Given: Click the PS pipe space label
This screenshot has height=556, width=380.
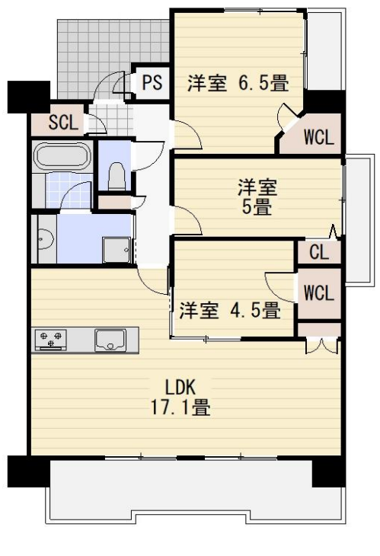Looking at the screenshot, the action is (x=152, y=82).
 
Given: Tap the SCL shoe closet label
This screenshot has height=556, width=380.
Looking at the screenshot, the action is (x=63, y=123).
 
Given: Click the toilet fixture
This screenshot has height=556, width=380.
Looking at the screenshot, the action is (x=117, y=175).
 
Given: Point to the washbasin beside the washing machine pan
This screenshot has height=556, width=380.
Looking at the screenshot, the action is (x=46, y=239).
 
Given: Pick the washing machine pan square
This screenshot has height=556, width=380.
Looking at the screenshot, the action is (x=117, y=250).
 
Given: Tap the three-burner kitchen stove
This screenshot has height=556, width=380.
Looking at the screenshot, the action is (x=51, y=340).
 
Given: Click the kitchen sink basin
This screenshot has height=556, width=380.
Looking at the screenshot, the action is (x=110, y=340).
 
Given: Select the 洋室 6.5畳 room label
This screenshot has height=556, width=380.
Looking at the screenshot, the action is (x=238, y=83).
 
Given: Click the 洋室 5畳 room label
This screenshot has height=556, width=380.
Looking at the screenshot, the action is (x=257, y=197).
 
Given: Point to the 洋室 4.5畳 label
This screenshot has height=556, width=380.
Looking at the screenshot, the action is (x=230, y=310).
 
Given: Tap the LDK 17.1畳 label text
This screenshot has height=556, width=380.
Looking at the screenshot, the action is (x=180, y=397).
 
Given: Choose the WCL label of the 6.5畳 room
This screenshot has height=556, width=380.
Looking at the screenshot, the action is (x=319, y=137).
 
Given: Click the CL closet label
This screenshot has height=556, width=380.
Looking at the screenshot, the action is (x=319, y=252).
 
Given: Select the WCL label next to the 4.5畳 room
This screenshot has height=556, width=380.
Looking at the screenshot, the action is (x=318, y=293).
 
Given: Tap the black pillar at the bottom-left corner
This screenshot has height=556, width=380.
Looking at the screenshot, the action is (x=29, y=471).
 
